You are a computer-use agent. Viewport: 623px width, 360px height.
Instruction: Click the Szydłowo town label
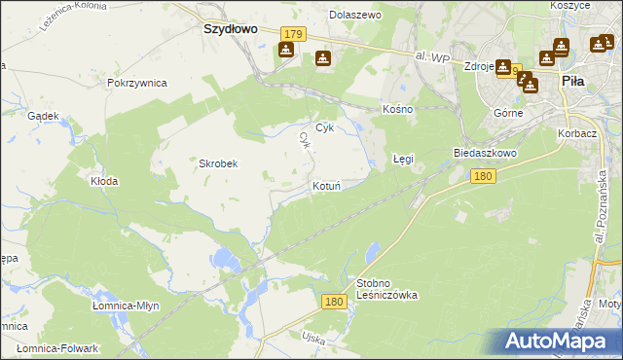pos(230,29)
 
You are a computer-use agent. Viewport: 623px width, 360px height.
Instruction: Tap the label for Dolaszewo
pos(355,16)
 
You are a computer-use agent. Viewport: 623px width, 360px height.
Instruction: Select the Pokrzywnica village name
pos(137,84)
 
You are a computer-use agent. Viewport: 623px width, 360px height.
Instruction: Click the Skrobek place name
pos(219,163)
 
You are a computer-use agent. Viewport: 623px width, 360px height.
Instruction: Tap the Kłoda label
pos(104,181)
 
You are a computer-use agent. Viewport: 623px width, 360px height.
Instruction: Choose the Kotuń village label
pos(326,185)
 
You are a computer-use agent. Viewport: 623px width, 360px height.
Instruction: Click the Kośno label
pos(398,109)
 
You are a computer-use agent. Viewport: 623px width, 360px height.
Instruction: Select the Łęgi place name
pos(403,158)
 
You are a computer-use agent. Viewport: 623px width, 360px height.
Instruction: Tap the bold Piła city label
pos(572,84)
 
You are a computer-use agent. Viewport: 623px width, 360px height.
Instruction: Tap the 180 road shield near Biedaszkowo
pos(482,176)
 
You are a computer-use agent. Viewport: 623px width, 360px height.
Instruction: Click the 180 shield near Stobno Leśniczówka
pos(334,303)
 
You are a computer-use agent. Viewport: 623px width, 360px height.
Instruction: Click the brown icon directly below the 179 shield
pos(285,50)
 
